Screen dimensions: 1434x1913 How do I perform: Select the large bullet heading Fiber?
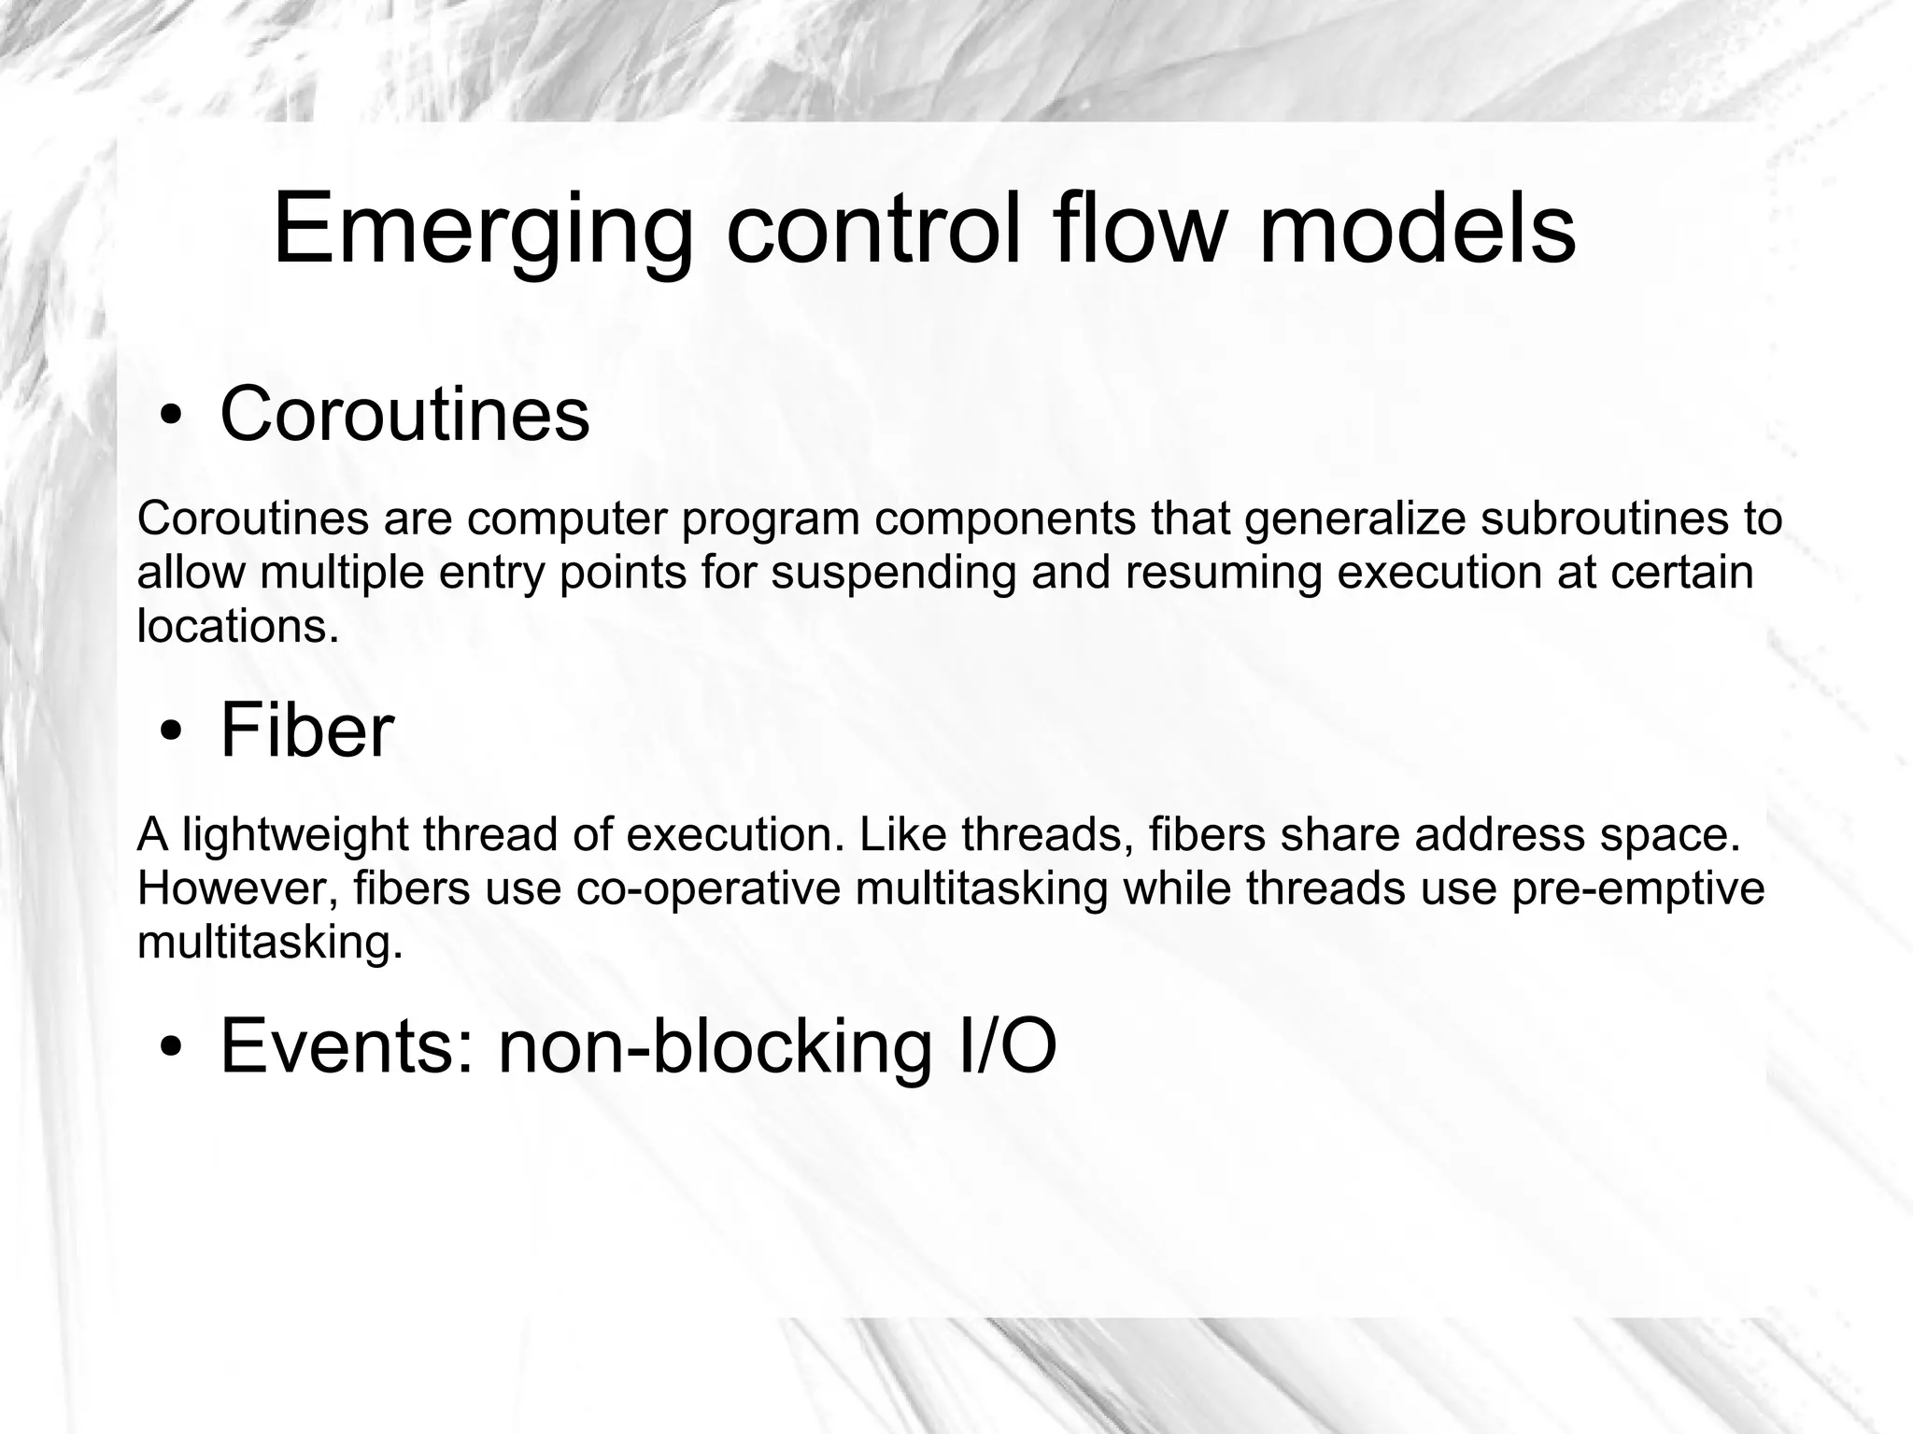pos(306,731)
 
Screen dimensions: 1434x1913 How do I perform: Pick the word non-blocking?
pos(715,1046)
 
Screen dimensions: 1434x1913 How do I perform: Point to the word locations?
pos(237,626)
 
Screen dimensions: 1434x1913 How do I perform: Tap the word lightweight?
pos(294,835)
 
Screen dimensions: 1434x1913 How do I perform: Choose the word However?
pos(237,888)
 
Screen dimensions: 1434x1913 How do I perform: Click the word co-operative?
pos(708,888)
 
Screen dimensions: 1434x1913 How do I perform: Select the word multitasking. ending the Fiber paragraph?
pos(270,943)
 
